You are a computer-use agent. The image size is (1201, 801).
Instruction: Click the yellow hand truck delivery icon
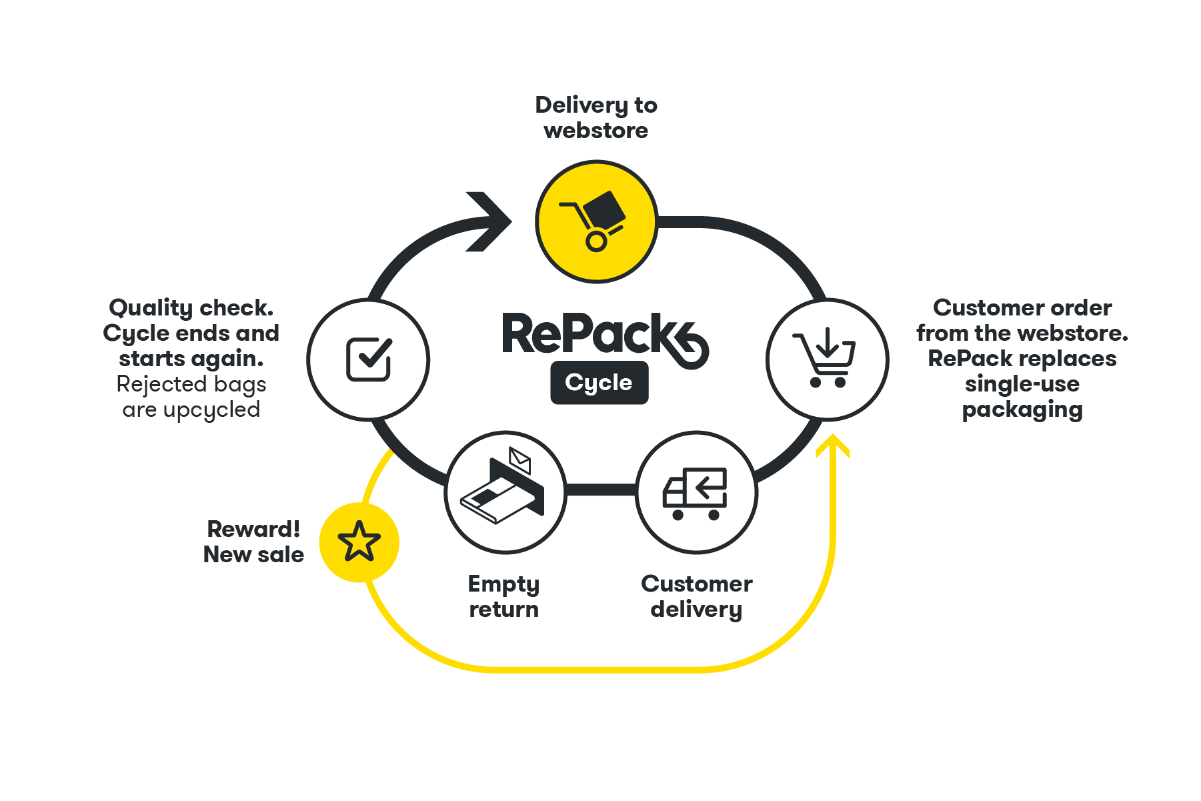(x=596, y=221)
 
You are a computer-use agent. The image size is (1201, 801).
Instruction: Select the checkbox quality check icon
(x=368, y=359)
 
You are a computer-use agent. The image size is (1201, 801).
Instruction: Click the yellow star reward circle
(x=359, y=542)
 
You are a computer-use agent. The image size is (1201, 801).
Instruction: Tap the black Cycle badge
(x=599, y=382)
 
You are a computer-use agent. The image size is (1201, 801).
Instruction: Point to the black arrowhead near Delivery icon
(x=490, y=221)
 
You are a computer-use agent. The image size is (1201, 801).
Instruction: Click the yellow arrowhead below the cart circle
(x=833, y=446)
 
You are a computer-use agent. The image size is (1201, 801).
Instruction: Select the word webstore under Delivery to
(x=596, y=131)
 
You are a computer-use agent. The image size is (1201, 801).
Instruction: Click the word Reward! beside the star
(x=253, y=529)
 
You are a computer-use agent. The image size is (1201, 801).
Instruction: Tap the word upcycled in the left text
(x=211, y=410)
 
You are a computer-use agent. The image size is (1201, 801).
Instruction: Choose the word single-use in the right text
(x=1022, y=384)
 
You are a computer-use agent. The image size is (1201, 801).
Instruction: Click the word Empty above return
(x=503, y=584)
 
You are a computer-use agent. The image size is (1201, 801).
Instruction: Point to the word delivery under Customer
(x=696, y=610)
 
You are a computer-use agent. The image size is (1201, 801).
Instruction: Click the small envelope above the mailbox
(x=519, y=458)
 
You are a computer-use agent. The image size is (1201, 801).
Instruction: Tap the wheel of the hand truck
(x=596, y=241)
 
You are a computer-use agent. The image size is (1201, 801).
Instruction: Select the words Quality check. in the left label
(x=191, y=308)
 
